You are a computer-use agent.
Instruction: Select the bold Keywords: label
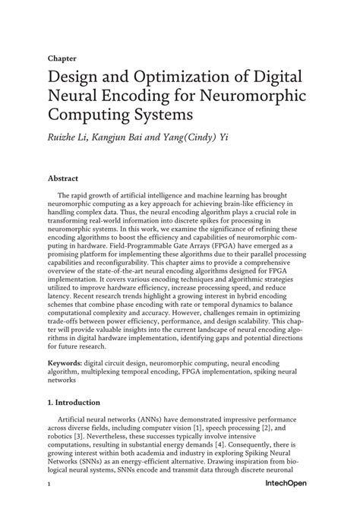68,365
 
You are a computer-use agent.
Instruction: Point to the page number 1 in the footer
49,504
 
